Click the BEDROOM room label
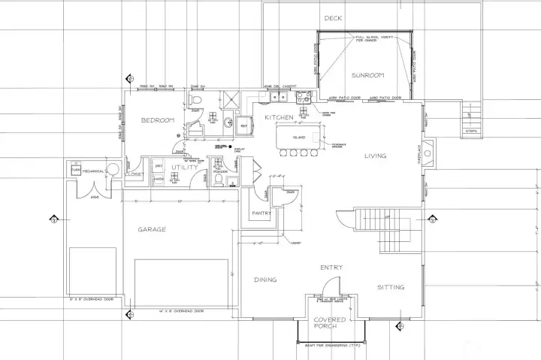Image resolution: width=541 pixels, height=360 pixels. [158, 120]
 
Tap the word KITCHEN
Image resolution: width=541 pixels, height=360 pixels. [278, 118]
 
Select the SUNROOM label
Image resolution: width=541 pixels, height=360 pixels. [367, 75]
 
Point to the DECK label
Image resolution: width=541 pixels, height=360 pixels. [333, 18]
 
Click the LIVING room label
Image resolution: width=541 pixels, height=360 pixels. [375, 156]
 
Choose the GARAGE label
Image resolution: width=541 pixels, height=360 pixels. [152, 229]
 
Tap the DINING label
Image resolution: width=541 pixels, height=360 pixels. [264, 280]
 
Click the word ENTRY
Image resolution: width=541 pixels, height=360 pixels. [331, 268]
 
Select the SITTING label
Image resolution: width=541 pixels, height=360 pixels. [390, 287]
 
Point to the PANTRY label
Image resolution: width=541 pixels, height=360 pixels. [262, 213]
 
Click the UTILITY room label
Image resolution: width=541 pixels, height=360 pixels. [184, 167]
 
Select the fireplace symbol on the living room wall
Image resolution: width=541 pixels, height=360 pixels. [428, 154]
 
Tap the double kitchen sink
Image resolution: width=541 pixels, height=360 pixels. [279, 96]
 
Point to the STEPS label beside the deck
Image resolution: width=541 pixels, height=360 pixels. [471, 131]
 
